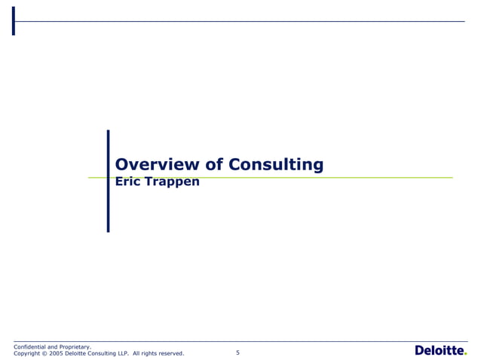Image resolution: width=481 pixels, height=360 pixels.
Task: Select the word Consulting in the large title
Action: coord(276,165)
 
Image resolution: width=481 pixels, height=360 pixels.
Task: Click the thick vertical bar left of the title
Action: coord(108,181)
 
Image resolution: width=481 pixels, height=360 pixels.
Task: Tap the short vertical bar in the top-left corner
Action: coord(14,21)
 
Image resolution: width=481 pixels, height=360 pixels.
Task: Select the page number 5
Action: coord(237,352)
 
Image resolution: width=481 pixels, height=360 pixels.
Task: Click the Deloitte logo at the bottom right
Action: coord(440,350)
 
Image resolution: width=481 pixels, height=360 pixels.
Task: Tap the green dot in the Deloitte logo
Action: coord(465,354)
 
